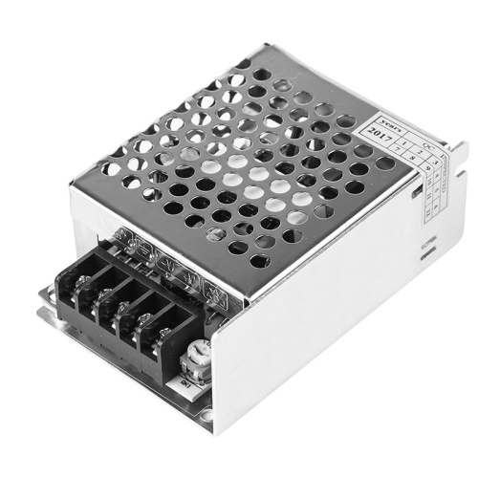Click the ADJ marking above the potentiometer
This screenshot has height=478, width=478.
point(195,337)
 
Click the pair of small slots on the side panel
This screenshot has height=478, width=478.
point(422,249)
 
